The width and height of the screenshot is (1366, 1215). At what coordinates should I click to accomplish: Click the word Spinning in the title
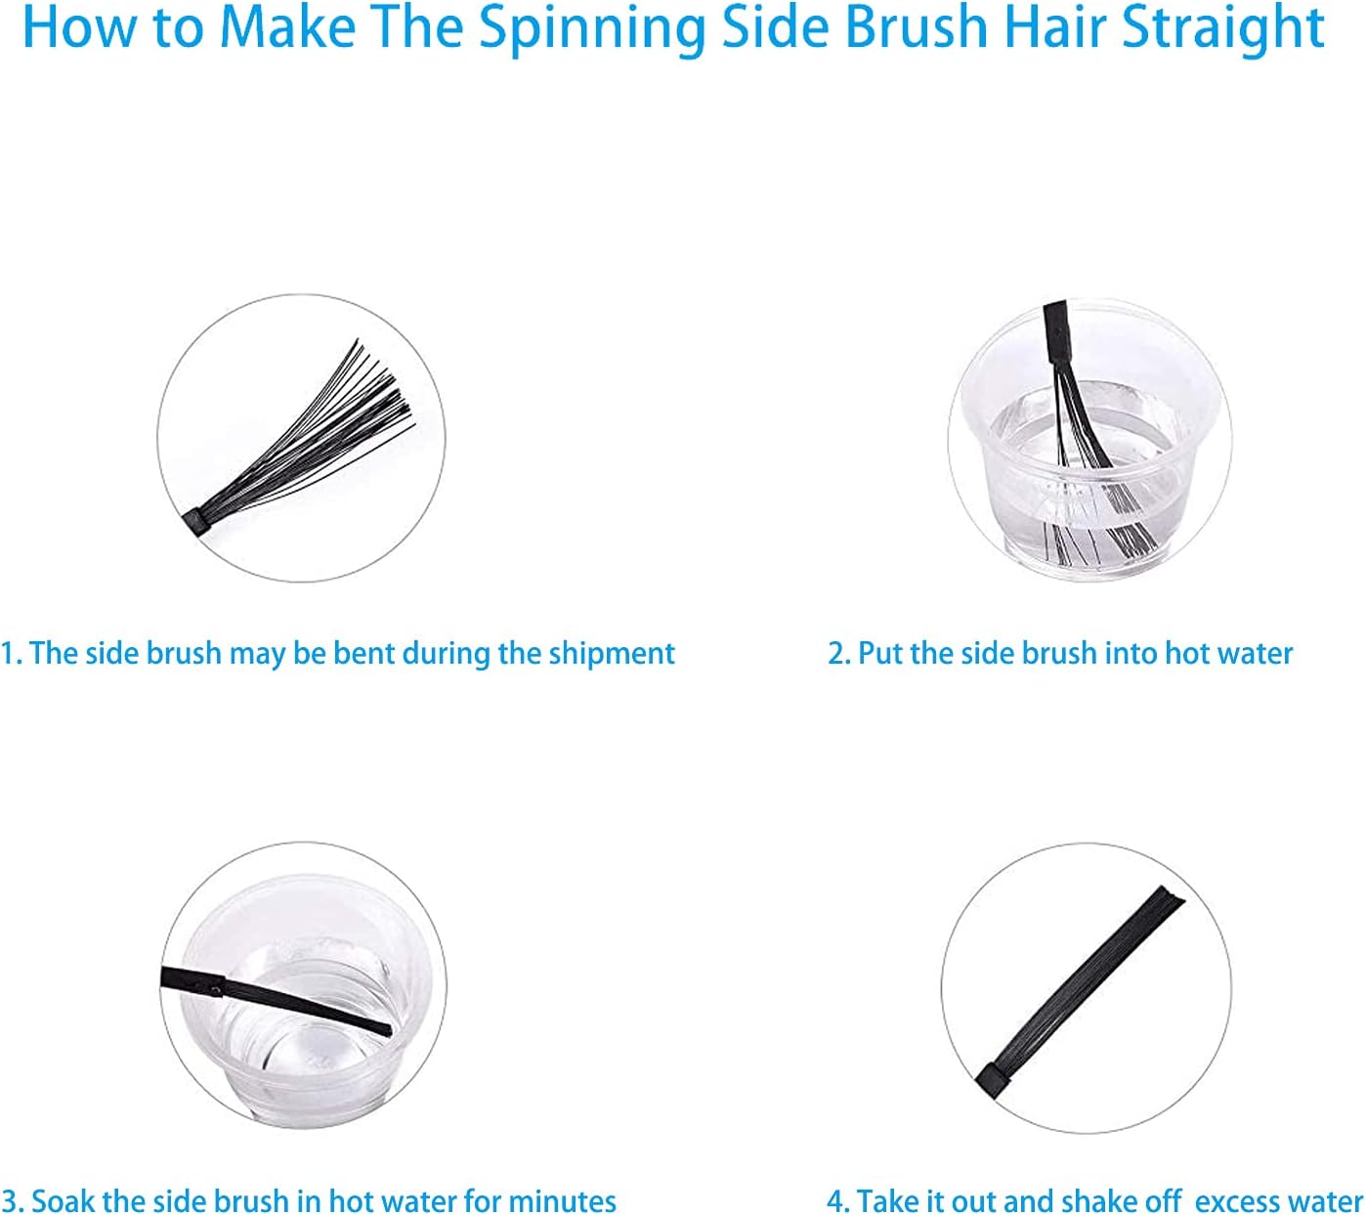pyautogui.click(x=591, y=29)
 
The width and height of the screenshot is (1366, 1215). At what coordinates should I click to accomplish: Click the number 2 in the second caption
pyautogui.click(x=835, y=653)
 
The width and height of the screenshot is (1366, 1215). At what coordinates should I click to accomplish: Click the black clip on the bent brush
pyautogui.click(x=196, y=524)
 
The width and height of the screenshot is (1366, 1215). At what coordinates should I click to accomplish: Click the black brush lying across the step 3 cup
pyautogui.click(x=276, y=1002)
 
